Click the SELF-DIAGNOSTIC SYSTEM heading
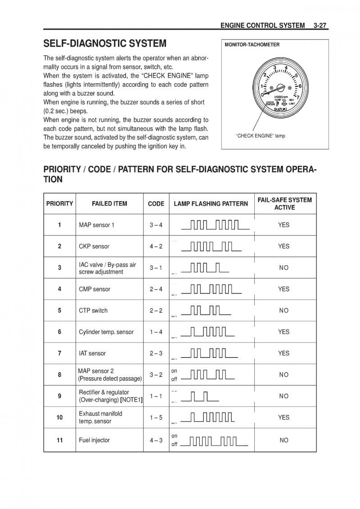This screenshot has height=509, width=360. coord(105,44)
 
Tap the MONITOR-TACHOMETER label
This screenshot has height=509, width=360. coord(252,45)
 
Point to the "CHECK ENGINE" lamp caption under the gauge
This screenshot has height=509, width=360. coord(261,135)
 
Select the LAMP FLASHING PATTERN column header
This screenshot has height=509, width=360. coord(211,203)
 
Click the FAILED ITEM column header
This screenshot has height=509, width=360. coord(109,203)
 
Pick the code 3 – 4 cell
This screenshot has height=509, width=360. coord(156,225)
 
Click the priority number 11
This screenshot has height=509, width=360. coord(59,440)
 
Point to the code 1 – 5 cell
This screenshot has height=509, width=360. coord(156,418)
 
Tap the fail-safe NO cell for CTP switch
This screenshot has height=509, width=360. coord(283,311)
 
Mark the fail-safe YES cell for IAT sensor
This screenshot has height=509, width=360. coord(283,353)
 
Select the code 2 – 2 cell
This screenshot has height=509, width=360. coord(156,311)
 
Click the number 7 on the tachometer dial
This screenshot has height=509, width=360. coord(298,97)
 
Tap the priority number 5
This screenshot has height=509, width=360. coord(59,311)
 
